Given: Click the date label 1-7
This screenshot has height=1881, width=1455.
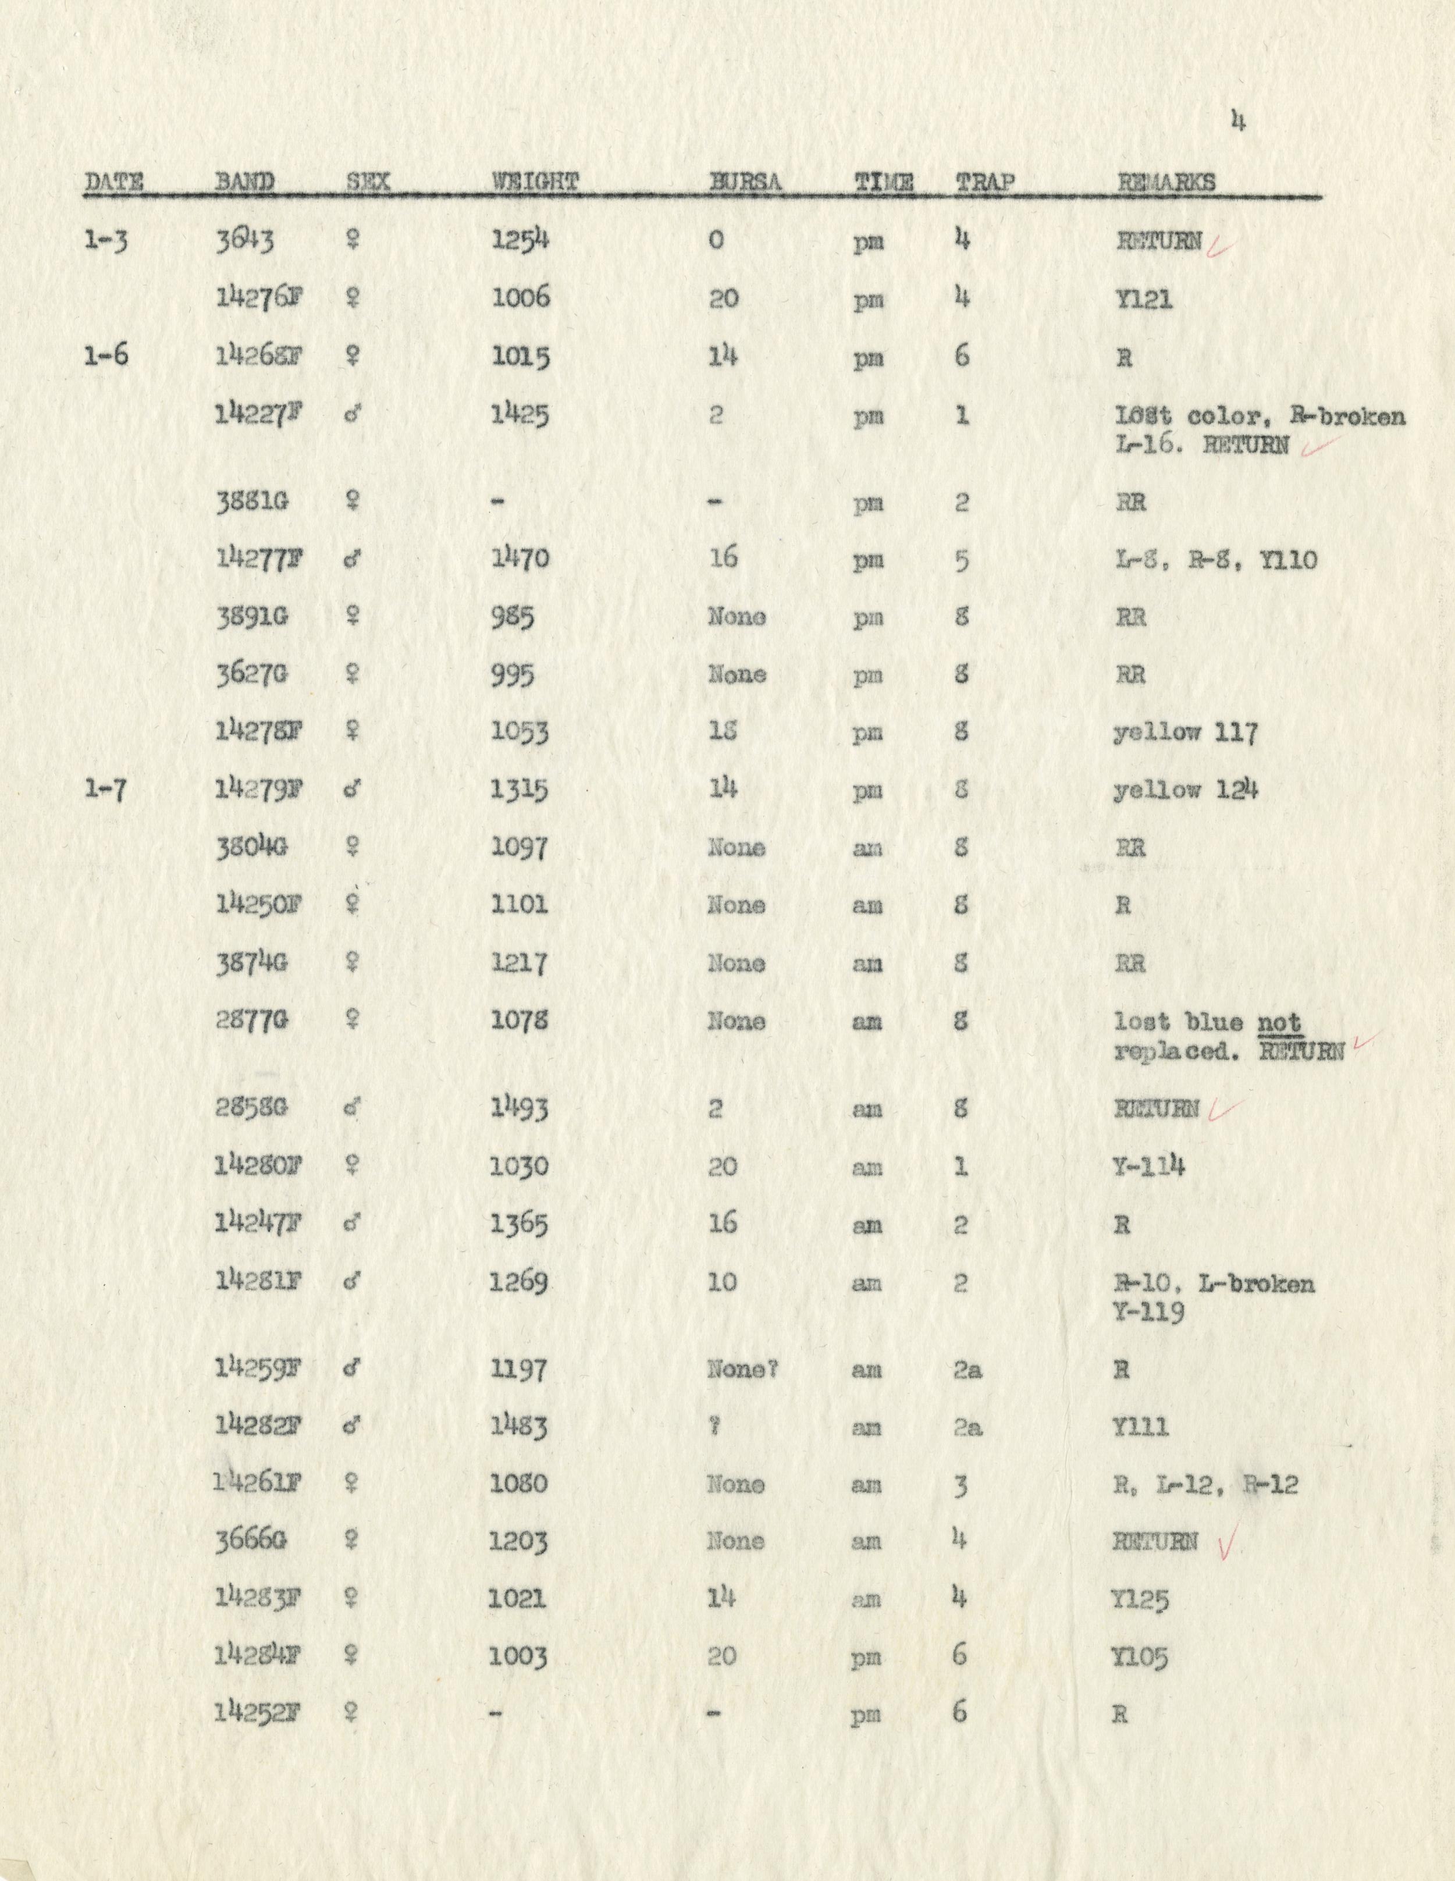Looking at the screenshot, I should pos(107,789).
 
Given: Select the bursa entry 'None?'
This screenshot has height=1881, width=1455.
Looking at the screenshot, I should pos(742,1368).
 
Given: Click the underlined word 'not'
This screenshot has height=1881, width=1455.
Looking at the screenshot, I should pos(1279,1022).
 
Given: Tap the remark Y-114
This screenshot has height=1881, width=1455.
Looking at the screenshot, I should pos(1148,1166).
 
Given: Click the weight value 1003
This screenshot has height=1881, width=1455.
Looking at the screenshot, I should pos(517,1657).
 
